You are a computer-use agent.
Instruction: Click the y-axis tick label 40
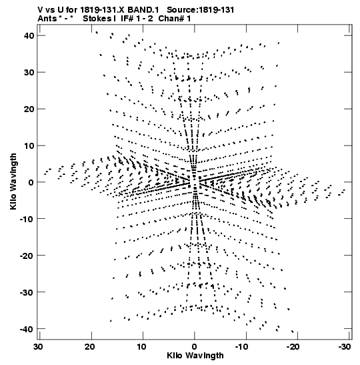29,36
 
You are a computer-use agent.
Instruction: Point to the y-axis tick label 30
29,72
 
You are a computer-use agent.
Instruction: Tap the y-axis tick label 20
29,109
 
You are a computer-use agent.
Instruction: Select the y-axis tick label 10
29,145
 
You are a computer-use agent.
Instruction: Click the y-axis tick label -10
27,219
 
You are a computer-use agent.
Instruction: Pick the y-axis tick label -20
27,256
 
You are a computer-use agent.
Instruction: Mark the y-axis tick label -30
27,292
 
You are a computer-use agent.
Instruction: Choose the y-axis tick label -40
27,329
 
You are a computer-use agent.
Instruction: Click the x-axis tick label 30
38,347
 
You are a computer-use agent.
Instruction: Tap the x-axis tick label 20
90,347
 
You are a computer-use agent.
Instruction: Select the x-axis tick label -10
243,347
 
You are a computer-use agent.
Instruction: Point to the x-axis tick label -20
294,347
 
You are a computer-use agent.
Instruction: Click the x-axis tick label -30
345,347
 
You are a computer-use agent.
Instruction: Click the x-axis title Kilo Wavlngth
195,356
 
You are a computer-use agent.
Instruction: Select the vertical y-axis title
13,181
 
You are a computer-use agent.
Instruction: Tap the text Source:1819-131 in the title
201,10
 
